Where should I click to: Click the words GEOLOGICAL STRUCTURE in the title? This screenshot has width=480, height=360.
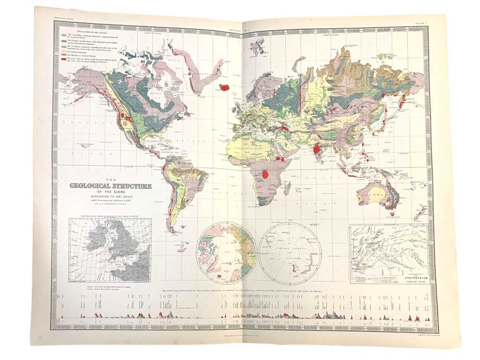point(110,186)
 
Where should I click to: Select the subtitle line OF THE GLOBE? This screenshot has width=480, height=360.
point(111,192)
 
